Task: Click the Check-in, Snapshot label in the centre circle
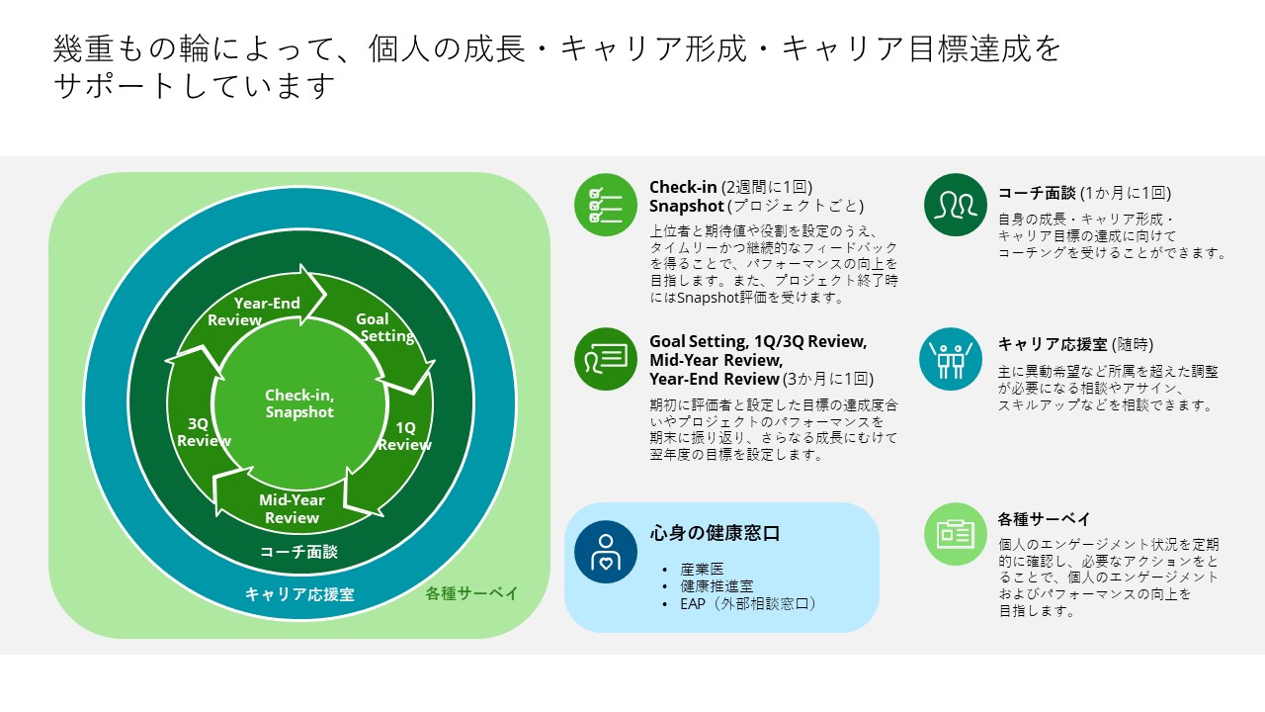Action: [x=299, y=403]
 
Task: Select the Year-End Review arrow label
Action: [x=254, y=311]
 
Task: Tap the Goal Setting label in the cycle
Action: [x=384, y=327]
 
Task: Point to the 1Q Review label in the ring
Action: [x=404, y=436]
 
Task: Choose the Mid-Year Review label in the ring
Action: [x=292, y=508]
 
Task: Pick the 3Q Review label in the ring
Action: [x=204, y=432]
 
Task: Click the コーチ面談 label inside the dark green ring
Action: [x=298, y=552]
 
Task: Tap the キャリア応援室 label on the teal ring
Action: [x=299, y=594]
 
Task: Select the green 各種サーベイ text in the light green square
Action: [x=471, y=593]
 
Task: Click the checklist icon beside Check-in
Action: [x=606, y=205]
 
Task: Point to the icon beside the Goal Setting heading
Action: [x=606, y=359]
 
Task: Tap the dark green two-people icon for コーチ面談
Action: [x=955, y=205]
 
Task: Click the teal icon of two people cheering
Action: [x=951, y=359]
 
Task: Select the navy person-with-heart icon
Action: [x=606, y=552]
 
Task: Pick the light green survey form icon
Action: [x=955, y=534]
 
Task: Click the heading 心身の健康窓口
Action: [x=715, y=533]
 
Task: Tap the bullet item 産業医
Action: [x=702, y=569]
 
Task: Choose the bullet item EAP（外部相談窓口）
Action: [x=748, y=604]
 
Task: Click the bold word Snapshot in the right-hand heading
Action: [x=686, y=207]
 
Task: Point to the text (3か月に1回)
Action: [x=828, y=379]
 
